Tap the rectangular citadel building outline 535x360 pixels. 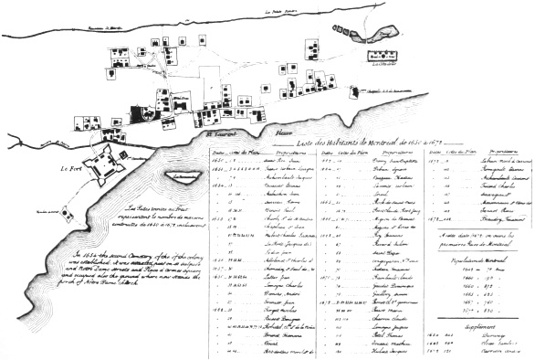386,57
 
